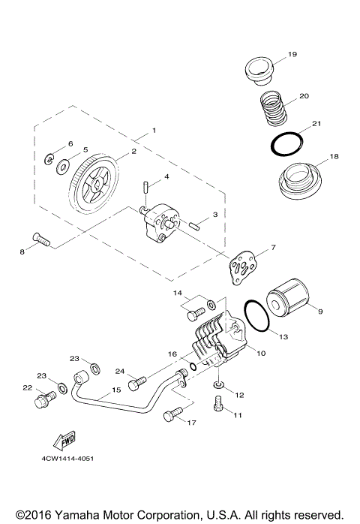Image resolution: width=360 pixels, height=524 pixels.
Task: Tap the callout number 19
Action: click(x=292, y=54)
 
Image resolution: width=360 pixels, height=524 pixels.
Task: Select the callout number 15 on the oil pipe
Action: click(x=116, y=390)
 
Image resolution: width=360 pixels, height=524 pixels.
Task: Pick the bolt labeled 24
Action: click(x=135, y=384)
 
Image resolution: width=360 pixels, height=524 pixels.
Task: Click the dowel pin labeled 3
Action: click(x=195, y=224)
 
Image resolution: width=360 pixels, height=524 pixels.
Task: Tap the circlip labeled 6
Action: click(x=49, y=158)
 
